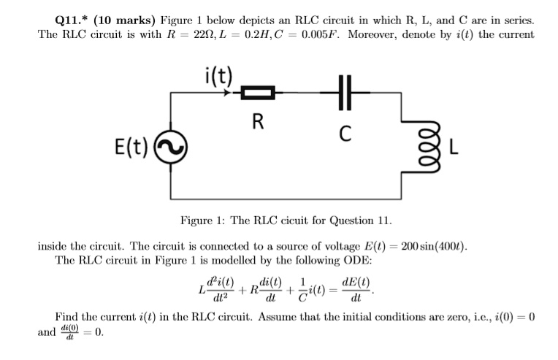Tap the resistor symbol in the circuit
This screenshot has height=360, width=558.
point(257,93)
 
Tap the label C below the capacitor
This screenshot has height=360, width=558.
point(346,134)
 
